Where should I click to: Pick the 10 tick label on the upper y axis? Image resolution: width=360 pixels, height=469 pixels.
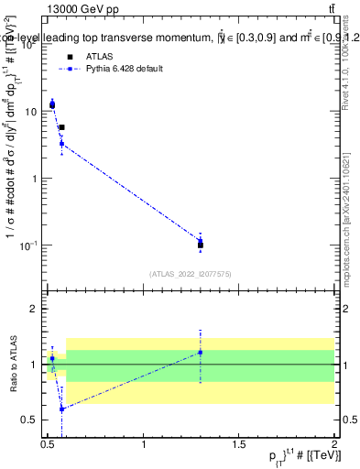coord(32,112)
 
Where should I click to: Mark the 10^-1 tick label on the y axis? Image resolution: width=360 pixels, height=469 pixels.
coord(30,245)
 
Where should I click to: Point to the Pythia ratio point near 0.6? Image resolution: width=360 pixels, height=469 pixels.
coord(61,409)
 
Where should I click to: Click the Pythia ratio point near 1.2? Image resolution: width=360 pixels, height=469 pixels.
coord(201,352)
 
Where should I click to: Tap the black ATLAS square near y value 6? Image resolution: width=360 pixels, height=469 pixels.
coord(61,127)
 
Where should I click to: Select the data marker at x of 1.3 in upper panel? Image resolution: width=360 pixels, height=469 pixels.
coord(201,244)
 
